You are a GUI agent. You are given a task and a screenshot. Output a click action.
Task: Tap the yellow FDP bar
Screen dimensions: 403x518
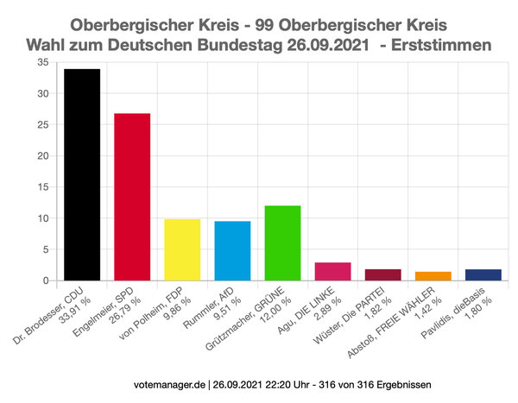(x=182, y=249)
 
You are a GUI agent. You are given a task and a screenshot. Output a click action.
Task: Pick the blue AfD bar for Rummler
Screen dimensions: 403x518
(x=232, y=250)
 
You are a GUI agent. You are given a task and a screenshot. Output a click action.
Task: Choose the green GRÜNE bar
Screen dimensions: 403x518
(x=282, y=242)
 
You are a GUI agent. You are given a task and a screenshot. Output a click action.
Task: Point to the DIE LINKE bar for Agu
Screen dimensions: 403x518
(x=332, y=271)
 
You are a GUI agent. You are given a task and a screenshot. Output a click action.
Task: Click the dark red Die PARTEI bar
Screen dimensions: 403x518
(x=382, y=274)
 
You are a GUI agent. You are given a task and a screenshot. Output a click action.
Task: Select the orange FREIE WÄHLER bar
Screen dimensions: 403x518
(x=433, y=276)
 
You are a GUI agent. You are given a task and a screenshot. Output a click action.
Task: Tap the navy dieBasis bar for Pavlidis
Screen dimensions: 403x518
(x=483, y=274)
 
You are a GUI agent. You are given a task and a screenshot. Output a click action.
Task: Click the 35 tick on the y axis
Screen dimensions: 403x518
(x=42, y=63)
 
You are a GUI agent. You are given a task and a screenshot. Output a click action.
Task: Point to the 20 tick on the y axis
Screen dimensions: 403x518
(x=42, y=156)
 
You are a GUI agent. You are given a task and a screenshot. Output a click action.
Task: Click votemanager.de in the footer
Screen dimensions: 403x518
(x=172, y=382)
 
